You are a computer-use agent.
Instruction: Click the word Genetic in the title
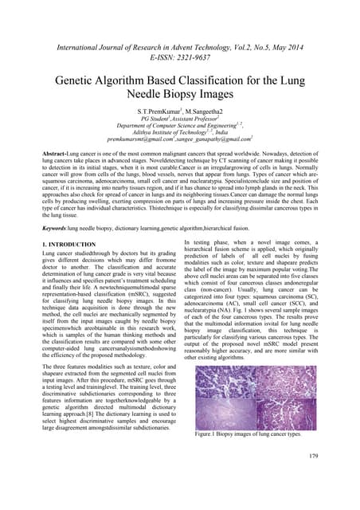click(77, 80)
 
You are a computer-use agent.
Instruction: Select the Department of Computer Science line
click(178, 124)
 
